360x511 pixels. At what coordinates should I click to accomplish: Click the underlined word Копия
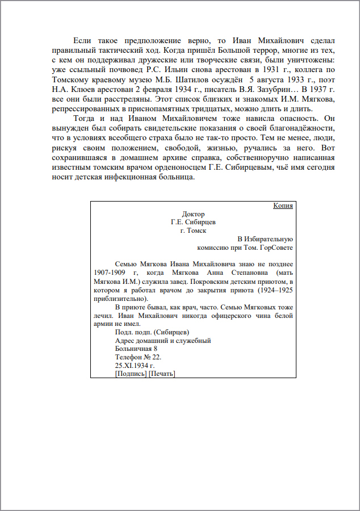[x=283, y=206]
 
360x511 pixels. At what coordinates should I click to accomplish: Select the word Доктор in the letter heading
[x=193, y=214]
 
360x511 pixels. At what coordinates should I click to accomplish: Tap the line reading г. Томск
[x=193, y=231]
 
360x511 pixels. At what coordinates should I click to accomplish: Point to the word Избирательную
[x=269, y=239]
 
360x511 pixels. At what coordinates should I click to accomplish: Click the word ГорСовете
[x=277, y=248]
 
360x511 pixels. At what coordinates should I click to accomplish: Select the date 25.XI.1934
[x=135, y=366]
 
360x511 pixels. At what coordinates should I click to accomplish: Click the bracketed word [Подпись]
[x=131, y=374]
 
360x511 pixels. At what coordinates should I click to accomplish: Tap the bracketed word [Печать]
[x=162, y=374]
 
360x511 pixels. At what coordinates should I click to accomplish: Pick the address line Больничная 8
[x=136, y=349]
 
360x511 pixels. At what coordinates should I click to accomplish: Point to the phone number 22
[x=157, y=357]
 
